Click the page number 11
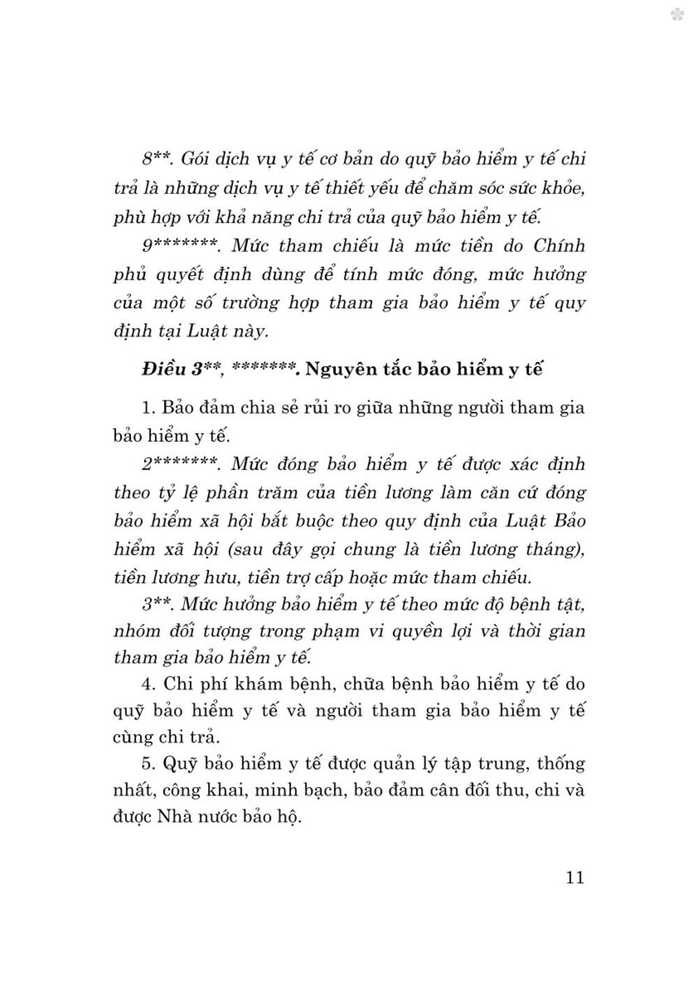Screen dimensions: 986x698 click(575, 877)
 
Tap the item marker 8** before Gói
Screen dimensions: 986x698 click(156, 159)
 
